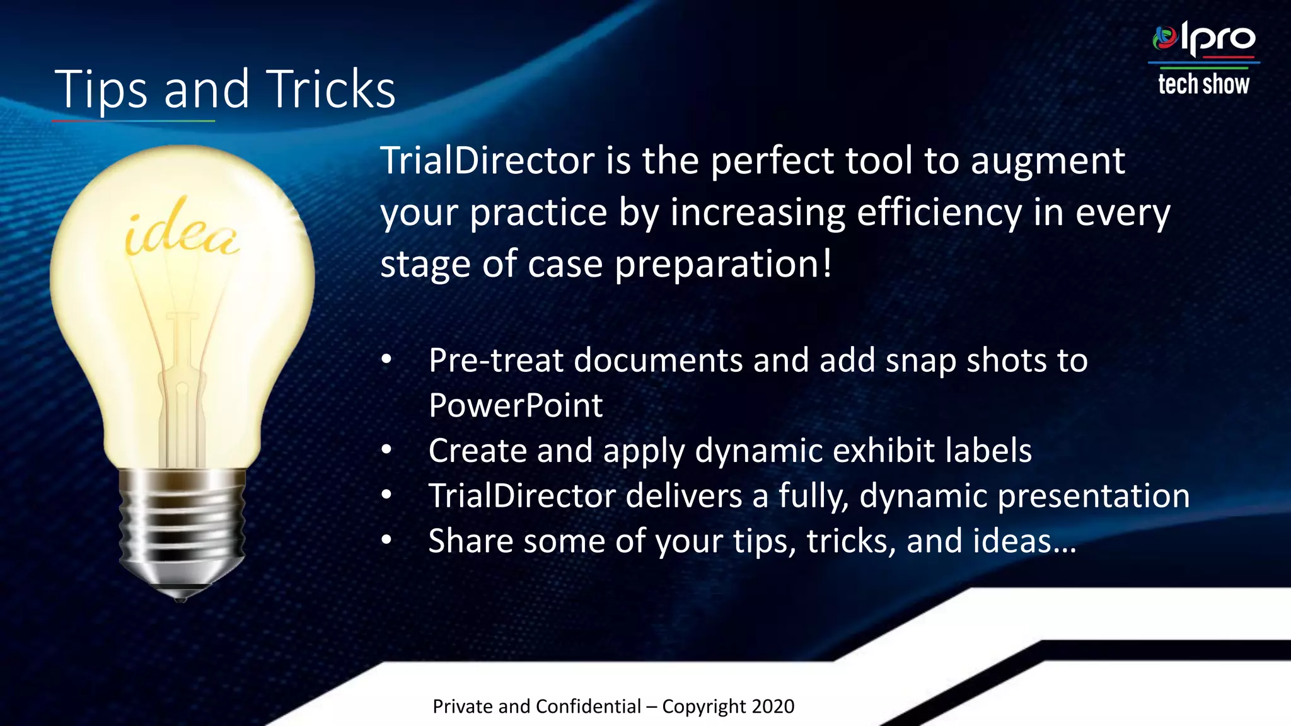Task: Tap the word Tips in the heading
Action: (x=101, y=89)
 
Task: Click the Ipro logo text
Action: (x=1218, y=39)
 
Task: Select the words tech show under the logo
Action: (x=1203, y=84)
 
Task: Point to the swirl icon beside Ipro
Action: (x=1165, y=38)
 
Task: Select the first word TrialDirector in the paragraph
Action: (x=487, y=161)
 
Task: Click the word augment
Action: (x=1047, y=161)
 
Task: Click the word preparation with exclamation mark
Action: (x=722, y=264)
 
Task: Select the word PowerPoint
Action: (x=516, y=405)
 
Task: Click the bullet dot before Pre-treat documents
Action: (x=386, y=360)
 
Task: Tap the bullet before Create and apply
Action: (x=386, y=450)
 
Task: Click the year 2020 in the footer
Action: (x=773, y=706)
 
